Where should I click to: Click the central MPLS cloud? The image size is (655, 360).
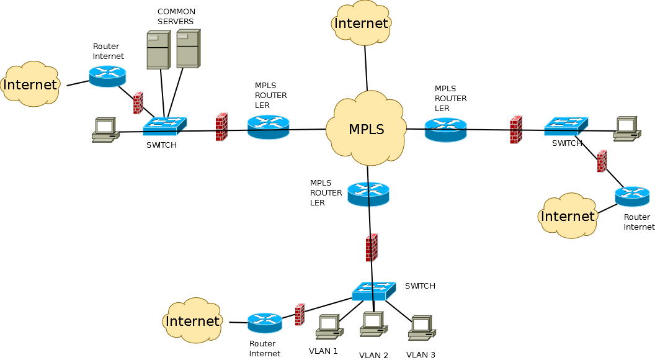(366, 129)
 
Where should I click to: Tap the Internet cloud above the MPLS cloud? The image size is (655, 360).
(361, 24)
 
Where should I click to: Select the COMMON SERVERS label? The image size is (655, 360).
(176, 17)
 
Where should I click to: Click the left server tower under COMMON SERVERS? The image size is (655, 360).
(158, 50)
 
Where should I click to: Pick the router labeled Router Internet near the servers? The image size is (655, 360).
(107, 76)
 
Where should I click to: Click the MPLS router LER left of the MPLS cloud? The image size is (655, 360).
(268, 127)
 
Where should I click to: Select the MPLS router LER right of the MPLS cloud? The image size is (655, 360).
(445, 130)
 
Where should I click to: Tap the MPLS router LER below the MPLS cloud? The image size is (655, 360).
(368, 194)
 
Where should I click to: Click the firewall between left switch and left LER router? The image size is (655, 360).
(221, 127)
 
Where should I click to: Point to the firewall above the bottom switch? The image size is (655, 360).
(372, 247)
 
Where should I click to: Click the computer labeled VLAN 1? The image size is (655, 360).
(329, 327)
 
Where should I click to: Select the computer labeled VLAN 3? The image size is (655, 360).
(421, 328)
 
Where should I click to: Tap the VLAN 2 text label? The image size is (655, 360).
(373, 355)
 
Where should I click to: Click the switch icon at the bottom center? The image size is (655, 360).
(373, 291)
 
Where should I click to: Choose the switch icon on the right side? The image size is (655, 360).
(566, 127)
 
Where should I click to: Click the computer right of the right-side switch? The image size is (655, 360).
(626, 128)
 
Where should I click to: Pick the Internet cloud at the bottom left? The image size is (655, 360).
(192, 321)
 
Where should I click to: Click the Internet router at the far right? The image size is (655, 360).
(632, 196)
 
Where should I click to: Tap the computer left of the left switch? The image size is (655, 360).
(105, 130)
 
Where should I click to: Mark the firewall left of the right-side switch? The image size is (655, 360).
(515, 130)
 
